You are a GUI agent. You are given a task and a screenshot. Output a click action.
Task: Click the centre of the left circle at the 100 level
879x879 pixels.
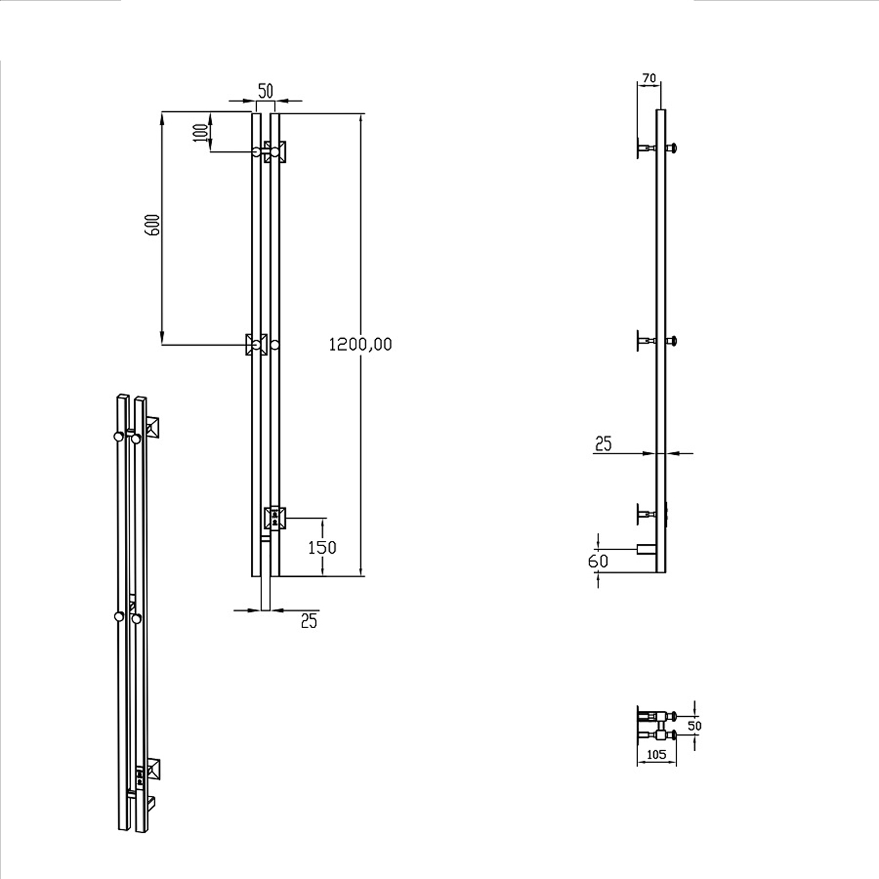click(x=257, y=152)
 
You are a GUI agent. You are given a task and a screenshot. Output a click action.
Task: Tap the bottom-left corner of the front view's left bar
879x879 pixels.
click(x=252, y=576)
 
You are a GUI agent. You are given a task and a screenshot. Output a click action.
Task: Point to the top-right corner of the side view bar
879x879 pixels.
click(x=665, y=110)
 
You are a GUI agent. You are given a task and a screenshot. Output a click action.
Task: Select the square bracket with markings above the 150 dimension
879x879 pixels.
click(x=275, y=518)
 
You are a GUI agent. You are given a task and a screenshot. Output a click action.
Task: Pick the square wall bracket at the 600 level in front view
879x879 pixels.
click(x=256, y=344)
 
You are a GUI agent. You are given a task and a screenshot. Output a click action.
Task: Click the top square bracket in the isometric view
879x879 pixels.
click(x=154, y=426)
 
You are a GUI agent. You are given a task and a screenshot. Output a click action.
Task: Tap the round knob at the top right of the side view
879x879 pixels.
click(x=674, y=148)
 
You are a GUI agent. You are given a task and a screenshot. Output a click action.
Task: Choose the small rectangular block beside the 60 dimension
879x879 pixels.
click(x=647, y=549)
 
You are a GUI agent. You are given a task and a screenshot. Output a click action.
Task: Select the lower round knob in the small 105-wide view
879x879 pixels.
click(x=673, y=735)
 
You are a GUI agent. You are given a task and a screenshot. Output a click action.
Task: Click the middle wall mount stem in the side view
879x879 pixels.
click(x=648, y=340)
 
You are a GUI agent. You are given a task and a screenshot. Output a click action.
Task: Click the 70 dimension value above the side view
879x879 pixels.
click(x=649, y=77)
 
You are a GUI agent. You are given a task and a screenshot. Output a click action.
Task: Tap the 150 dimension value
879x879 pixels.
click(x=322, y=547)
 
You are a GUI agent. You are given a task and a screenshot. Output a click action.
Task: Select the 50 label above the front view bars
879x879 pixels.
click(x=265, y=91)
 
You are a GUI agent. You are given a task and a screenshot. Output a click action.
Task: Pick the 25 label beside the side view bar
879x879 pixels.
click(x=603, y=444)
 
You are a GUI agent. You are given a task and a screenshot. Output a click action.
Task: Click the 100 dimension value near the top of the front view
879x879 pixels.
click(x=201, y=131)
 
